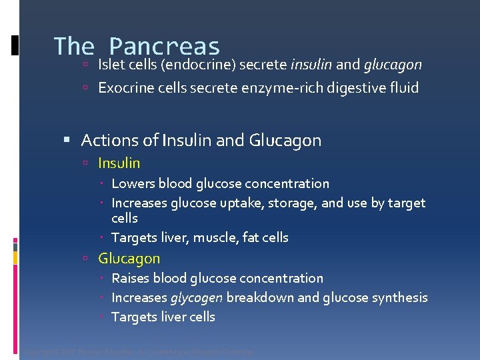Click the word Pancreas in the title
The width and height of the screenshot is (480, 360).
coord(164,47)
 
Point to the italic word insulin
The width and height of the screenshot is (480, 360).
coord(311,65)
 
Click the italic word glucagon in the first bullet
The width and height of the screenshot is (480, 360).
coord(393,65)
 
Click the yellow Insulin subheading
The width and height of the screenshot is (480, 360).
coord(119,163)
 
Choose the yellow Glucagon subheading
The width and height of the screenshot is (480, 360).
coord(129,258)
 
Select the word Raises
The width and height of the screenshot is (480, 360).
coord(130,278)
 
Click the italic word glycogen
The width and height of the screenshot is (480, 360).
coord(196,297)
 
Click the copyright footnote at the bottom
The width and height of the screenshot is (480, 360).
coord(139,351)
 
